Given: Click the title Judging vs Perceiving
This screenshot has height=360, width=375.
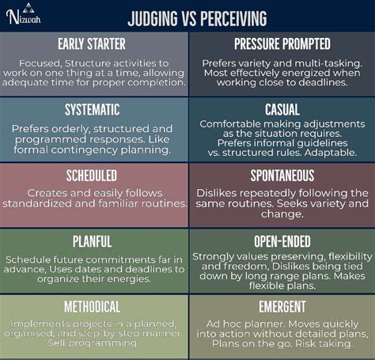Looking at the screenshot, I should click(x=199, y=17).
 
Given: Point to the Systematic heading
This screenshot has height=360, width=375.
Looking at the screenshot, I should click(x=95, y=109).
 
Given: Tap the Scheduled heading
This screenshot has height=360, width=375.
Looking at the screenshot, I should click(x=95, y=176).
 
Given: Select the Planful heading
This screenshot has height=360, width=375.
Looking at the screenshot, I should click(x=95, y=241).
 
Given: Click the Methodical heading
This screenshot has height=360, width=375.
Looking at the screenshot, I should click(x=95, y=306).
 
